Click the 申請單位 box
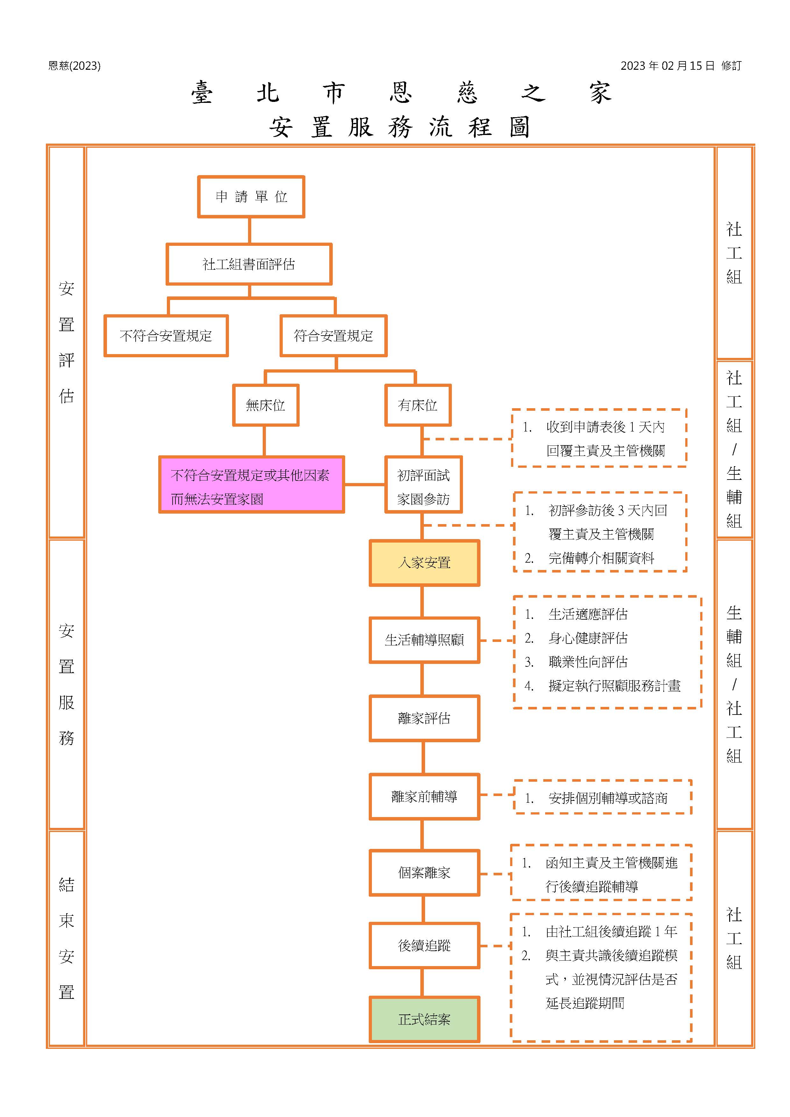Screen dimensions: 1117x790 251,196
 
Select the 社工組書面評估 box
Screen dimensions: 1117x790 249,264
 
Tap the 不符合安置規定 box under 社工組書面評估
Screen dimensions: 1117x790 166,336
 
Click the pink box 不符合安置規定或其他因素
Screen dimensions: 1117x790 252,485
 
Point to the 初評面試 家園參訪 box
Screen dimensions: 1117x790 423,485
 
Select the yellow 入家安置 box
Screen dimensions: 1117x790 424,563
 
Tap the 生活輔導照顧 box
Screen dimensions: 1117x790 424,640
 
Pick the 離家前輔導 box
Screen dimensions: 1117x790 424,796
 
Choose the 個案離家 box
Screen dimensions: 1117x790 424,873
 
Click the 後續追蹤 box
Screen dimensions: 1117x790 424,945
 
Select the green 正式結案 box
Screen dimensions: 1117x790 424,1019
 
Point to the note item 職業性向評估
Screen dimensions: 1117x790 587,662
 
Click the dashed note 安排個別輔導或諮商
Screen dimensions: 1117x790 603,798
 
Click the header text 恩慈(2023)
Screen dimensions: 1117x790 75,66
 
